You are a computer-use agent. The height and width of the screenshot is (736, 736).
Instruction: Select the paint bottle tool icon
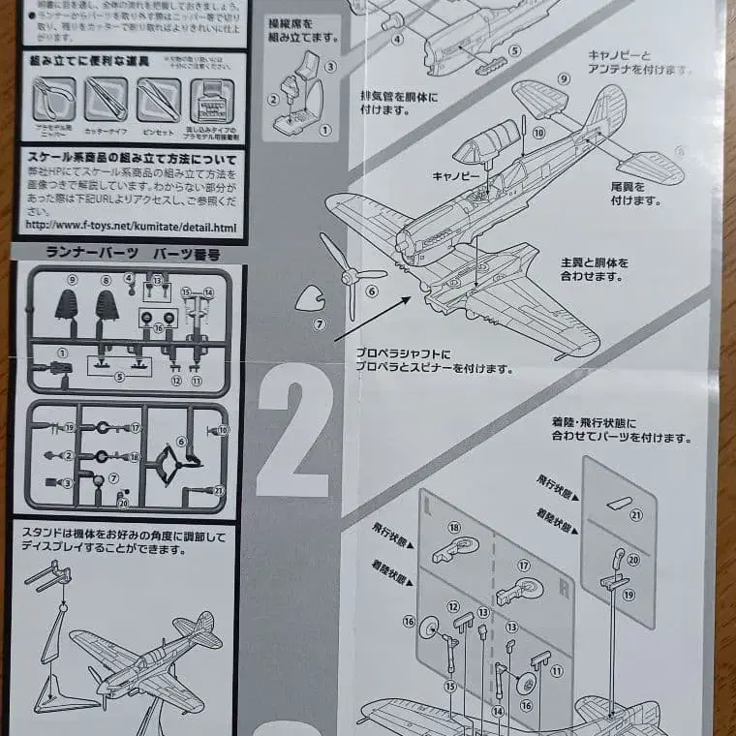(212, 99)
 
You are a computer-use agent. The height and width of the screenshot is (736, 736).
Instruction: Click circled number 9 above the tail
(563, 78)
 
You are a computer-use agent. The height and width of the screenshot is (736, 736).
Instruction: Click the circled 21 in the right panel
(635, 515)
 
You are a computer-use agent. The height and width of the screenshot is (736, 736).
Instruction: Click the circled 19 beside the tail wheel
(629, 594)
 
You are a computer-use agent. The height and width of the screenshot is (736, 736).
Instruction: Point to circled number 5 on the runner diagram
(119, 376)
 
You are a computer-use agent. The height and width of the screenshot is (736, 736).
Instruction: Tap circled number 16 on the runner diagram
(158, 327)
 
